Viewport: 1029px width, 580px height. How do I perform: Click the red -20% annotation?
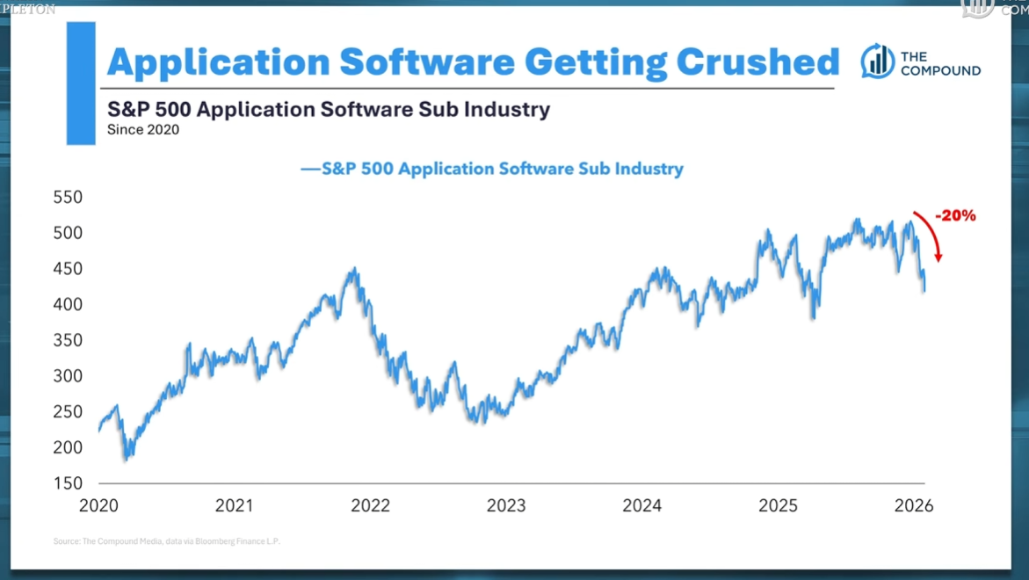(955, 215)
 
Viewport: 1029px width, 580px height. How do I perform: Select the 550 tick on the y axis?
(67, 198)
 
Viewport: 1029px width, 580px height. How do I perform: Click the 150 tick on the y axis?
(67, 483)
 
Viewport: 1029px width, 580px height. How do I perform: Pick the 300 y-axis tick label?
(67, 376)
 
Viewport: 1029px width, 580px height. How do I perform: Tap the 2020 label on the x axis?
(98, 506)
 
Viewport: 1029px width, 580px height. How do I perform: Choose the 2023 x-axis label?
(506, 506)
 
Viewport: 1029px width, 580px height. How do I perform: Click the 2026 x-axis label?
(914, 506)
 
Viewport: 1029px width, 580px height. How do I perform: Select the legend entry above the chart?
(492, 169)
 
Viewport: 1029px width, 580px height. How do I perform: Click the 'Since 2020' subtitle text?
(143, 130)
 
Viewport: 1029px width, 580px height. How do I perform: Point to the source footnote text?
(166, 541)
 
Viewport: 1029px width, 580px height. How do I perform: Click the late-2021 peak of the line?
(354, 269)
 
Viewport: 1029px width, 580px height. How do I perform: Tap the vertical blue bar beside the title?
(81, 83)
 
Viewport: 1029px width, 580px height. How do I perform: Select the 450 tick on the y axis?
(67, 269)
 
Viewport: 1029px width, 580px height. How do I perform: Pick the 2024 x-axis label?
(642, 506)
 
